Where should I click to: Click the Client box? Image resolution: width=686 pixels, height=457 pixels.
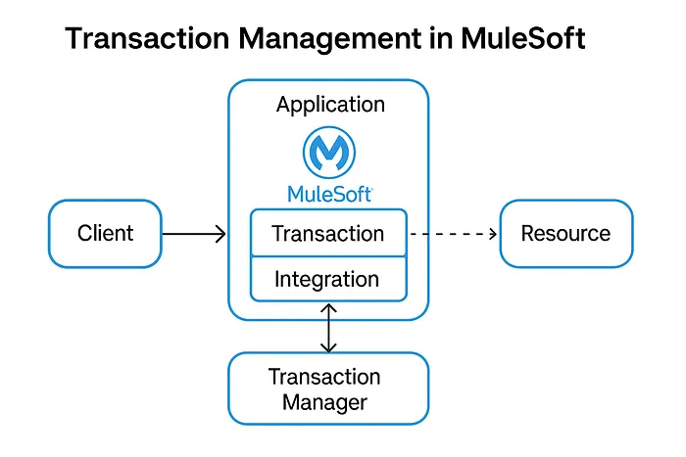105,234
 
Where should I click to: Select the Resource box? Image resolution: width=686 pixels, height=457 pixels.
565,234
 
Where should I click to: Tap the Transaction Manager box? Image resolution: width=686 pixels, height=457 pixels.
328,388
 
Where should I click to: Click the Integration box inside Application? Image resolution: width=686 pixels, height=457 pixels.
328,279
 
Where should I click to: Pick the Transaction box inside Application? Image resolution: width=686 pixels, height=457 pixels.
328,233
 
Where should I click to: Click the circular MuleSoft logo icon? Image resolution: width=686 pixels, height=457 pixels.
329,152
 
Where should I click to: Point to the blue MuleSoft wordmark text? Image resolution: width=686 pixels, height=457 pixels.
329,193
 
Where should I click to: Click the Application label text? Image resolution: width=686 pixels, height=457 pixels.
330,105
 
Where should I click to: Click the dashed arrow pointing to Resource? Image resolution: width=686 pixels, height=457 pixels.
453,234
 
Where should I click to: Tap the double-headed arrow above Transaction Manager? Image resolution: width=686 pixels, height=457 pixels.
329,327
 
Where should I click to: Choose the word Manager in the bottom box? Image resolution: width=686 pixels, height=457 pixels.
324,401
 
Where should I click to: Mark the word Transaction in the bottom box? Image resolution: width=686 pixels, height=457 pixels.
324,377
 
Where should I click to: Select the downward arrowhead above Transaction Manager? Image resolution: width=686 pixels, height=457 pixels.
329,346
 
